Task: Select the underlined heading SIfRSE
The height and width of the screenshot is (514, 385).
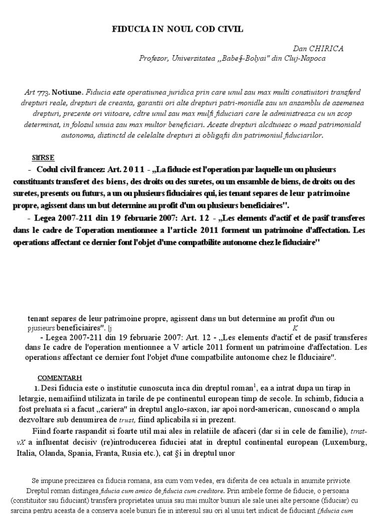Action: tap(44, 157)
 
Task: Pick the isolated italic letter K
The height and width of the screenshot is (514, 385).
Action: tap(295, 328)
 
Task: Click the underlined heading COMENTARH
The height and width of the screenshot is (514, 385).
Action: tap(60, 377)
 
